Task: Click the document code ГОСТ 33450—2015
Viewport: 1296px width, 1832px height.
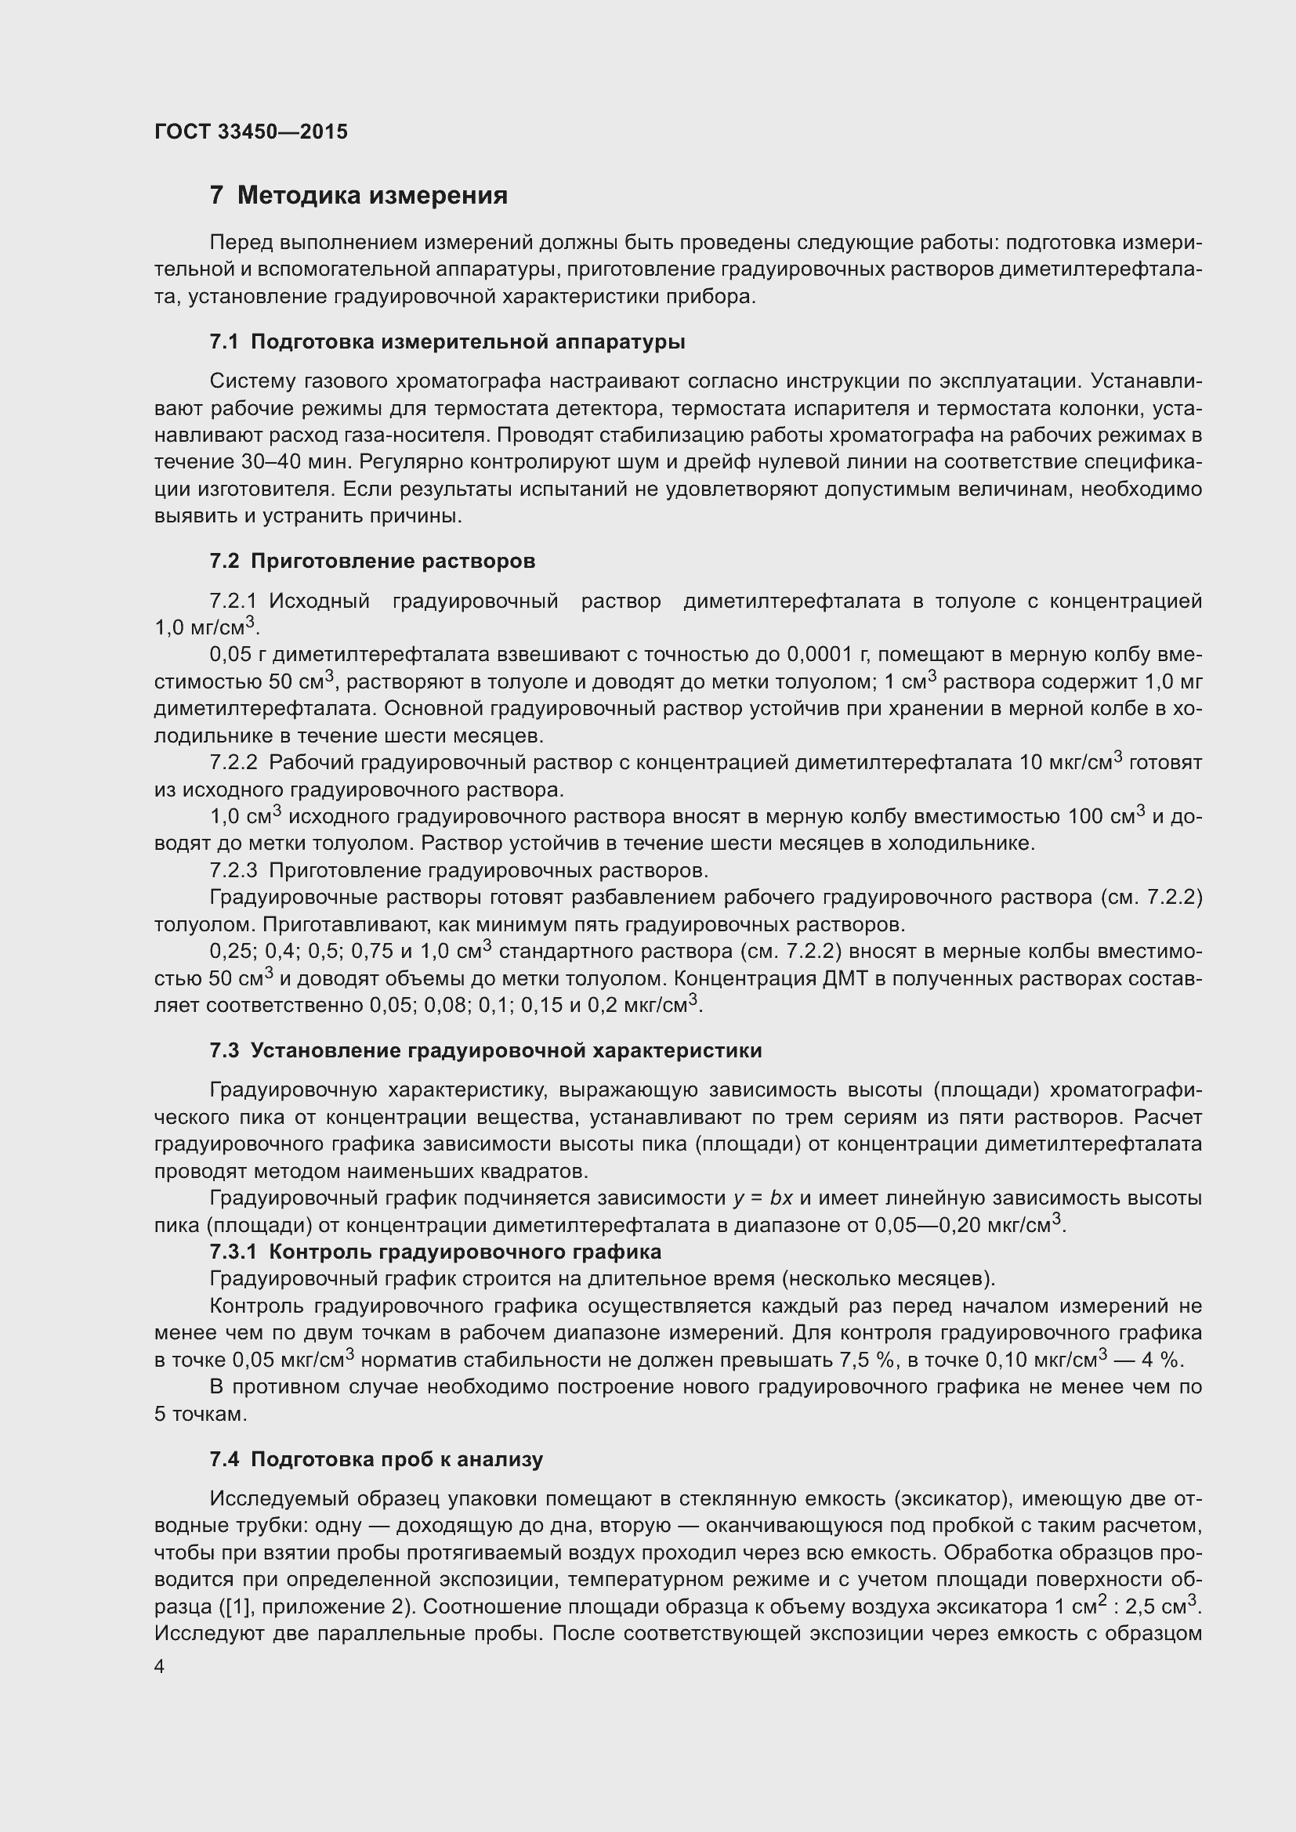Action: (251, 132)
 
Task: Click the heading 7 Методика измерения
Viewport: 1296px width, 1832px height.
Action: (358, 196)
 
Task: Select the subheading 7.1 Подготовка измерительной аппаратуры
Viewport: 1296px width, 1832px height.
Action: (447, 342)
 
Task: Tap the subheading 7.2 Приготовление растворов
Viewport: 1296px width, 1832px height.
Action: (372, 561)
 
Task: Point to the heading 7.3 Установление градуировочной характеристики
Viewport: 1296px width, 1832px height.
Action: (485, 1051)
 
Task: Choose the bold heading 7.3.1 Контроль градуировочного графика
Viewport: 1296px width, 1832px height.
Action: (435, 1252)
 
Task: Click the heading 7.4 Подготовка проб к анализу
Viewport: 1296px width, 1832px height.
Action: (376, 1459)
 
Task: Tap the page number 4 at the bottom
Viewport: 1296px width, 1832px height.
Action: (160, 1668)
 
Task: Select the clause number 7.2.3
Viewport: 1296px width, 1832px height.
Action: (233, 869)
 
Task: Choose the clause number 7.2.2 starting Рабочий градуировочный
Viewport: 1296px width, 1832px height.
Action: (233, 763)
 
